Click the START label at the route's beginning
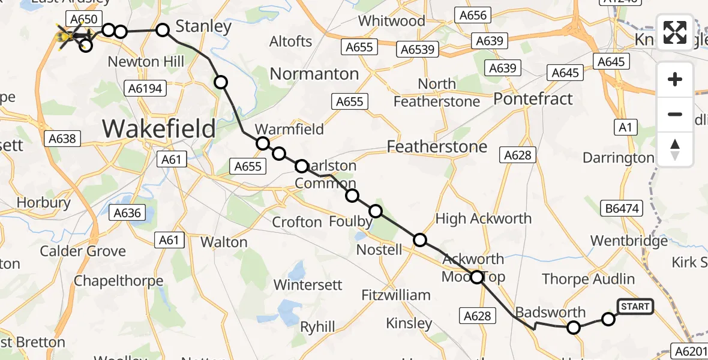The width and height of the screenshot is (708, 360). point(635,307)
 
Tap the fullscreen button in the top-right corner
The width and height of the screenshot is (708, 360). point(675,32)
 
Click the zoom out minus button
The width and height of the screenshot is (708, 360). point(675,114)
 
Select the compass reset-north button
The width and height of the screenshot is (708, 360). point(675,149)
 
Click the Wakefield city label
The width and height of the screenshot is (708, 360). point(158,128)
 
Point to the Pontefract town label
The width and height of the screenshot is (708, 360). point(533,98)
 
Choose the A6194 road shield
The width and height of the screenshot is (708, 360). point(145,88)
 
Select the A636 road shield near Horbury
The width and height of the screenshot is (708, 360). point(127,212)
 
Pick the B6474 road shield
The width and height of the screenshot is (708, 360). point(622,208)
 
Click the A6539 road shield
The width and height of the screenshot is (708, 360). point(418,49)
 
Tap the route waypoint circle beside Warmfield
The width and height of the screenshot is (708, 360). point(263,143)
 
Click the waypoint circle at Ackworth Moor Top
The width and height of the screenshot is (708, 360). point(476,277)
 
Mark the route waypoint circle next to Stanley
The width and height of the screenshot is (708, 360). point(163,30)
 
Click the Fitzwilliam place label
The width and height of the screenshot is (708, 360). point(396,295)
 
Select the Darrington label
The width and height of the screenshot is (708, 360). point(618,158)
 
